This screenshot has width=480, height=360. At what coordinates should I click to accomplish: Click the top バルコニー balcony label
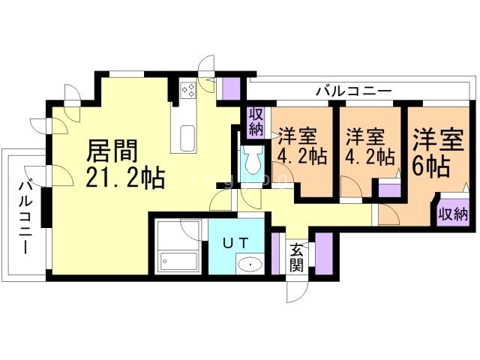coord(352,91)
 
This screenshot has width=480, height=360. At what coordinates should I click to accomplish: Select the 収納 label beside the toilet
coord(256,121)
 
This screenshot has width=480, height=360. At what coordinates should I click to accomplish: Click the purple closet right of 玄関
coord(324,253)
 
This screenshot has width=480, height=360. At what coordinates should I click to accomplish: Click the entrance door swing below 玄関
coord(295,288)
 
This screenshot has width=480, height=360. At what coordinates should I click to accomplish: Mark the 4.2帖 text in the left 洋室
coord(301,157)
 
